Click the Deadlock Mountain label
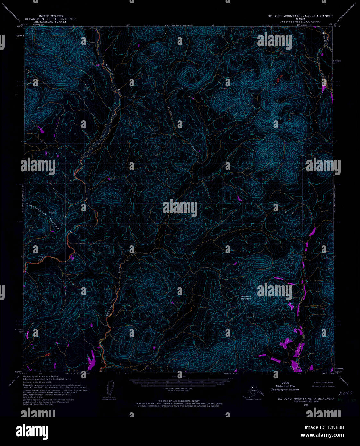point(246,298)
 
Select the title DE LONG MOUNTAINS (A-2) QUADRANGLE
point(300,16)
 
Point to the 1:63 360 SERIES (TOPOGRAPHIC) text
point(300,21)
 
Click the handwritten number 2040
point(345,393)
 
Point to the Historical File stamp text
point(285,386)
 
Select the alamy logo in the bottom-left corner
point(35,430)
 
